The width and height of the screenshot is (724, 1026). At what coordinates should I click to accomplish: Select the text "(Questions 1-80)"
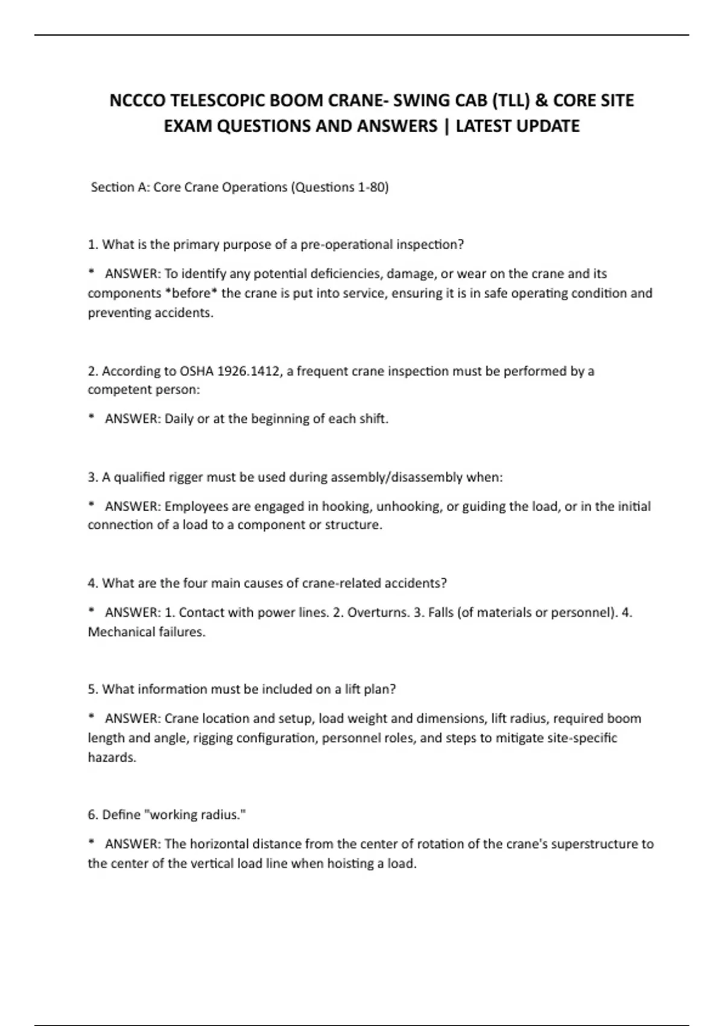(x=340, y=187)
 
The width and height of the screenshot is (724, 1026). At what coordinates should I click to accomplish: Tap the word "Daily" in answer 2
(x=179, y=419)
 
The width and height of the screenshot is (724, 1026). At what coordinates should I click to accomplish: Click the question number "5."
(x=93, y=689)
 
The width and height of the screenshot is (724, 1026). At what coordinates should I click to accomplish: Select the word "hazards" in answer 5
(x=112, y=757)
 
